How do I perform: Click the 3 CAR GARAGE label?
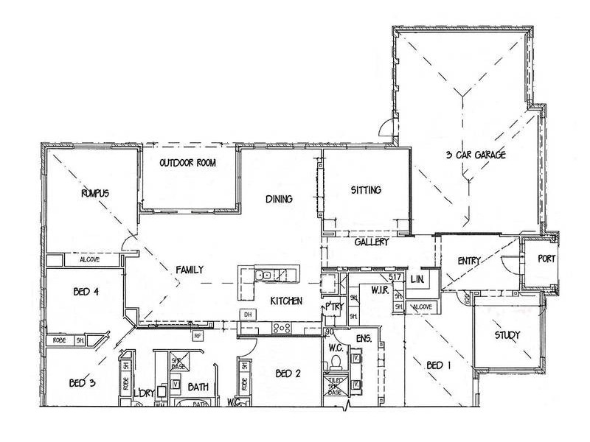[476, 155]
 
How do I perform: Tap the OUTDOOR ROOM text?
[188, 163]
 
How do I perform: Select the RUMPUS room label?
[95, 193]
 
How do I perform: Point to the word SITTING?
[366, 190]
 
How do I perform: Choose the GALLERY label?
[372, 242]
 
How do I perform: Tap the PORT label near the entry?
[546, 259]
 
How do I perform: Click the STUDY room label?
[507, 335]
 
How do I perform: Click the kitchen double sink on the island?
[263, 276]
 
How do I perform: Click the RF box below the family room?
[198, 336]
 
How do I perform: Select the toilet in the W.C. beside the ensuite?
[335, 362]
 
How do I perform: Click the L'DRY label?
[145, 393]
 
